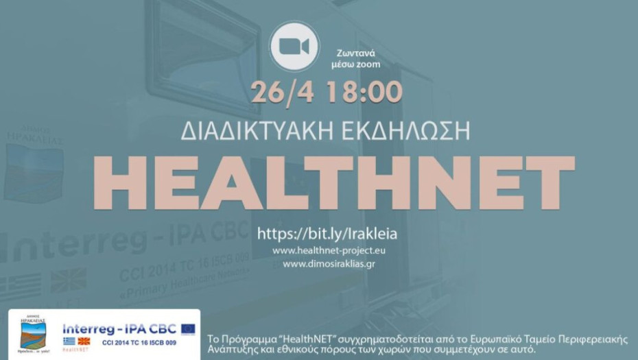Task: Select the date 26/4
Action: click(276, 92)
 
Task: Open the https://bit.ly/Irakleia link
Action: click(327, 234)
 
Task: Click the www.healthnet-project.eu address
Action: click(329, 251)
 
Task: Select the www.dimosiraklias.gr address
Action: click(329, 263)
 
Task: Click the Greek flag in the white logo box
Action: click(69, 341)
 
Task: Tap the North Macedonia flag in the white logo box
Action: click(84, 341)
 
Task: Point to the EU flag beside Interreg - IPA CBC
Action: click(188, 329)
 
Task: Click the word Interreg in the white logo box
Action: click(87, 329)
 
